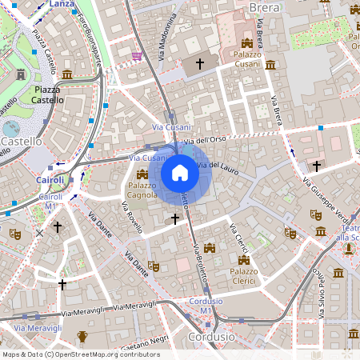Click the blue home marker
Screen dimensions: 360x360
pyautogui.click(x=180, y=173)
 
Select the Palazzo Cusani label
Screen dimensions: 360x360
pyautogui.click(x=254, y=58)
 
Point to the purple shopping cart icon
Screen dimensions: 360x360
pyautogui.click(x=138, y=55)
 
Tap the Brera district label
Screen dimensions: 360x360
pyautogui.click(x=264, y=7)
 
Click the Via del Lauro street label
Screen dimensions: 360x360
pyautogui.click(x=218, y=166)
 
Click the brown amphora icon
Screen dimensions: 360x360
pyautogui.click(x=82, y=337)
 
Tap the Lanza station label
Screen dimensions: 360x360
pyautogui.click(x=61, y=4)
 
